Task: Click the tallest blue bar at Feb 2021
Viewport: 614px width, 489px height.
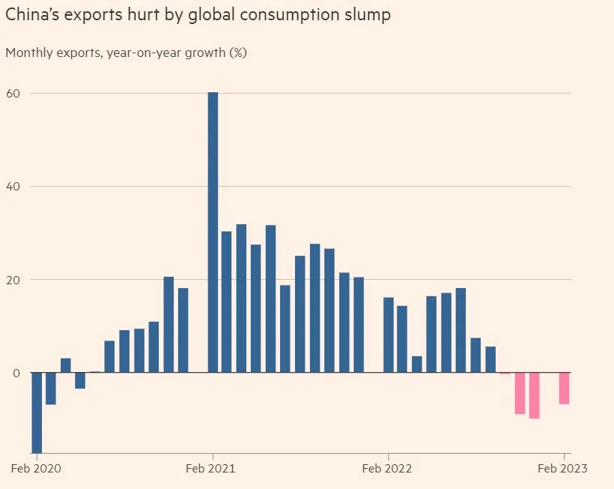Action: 213,232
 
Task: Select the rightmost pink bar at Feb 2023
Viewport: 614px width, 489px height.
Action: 564,388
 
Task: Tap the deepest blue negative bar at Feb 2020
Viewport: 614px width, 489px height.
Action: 36,412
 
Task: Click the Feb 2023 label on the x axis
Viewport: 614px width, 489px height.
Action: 563,469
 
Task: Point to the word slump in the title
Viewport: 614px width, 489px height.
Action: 366,15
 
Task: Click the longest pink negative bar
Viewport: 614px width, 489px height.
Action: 534,395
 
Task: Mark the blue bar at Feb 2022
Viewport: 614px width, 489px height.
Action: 388,334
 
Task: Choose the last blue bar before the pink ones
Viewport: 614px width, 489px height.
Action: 490,359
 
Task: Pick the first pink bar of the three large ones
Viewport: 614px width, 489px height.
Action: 520,393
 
